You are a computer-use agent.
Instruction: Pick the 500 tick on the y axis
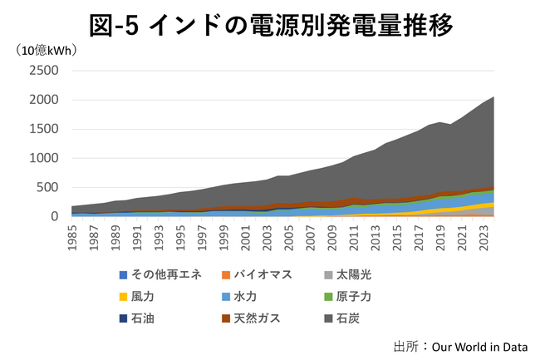tap(47, 187)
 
